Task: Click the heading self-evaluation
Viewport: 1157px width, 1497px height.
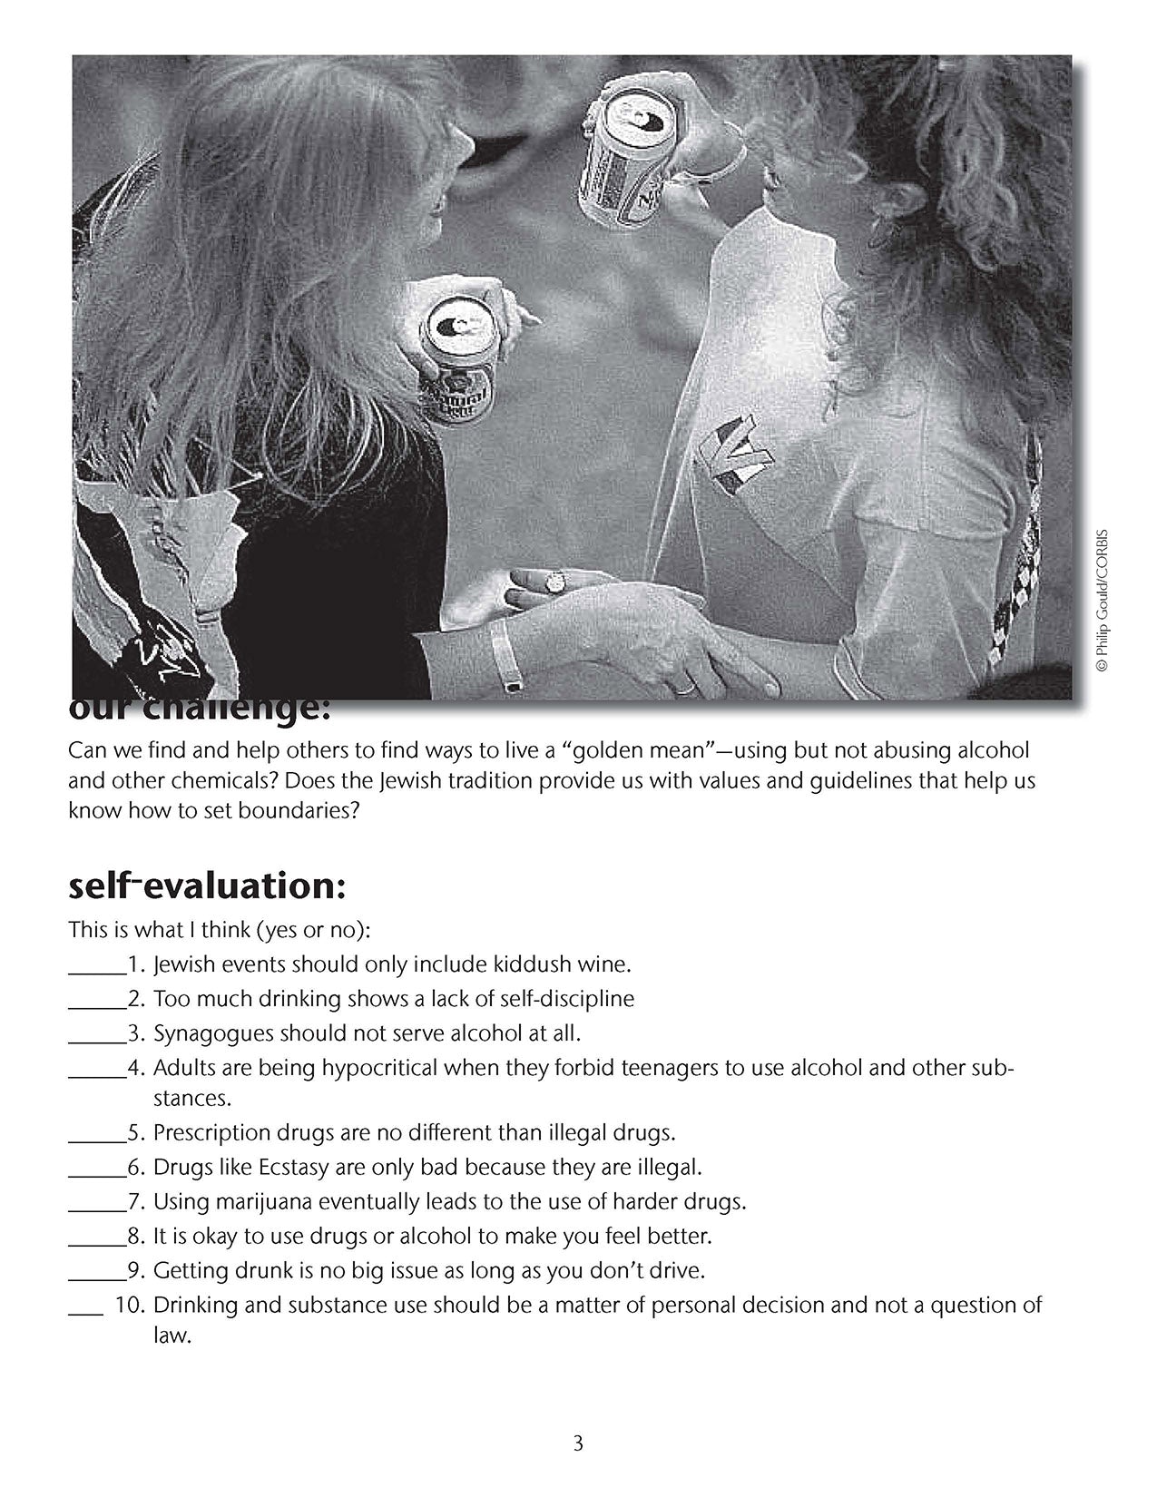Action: [x=207, y=886]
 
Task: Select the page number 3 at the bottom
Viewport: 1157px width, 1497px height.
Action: [x=578, y=1443]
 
